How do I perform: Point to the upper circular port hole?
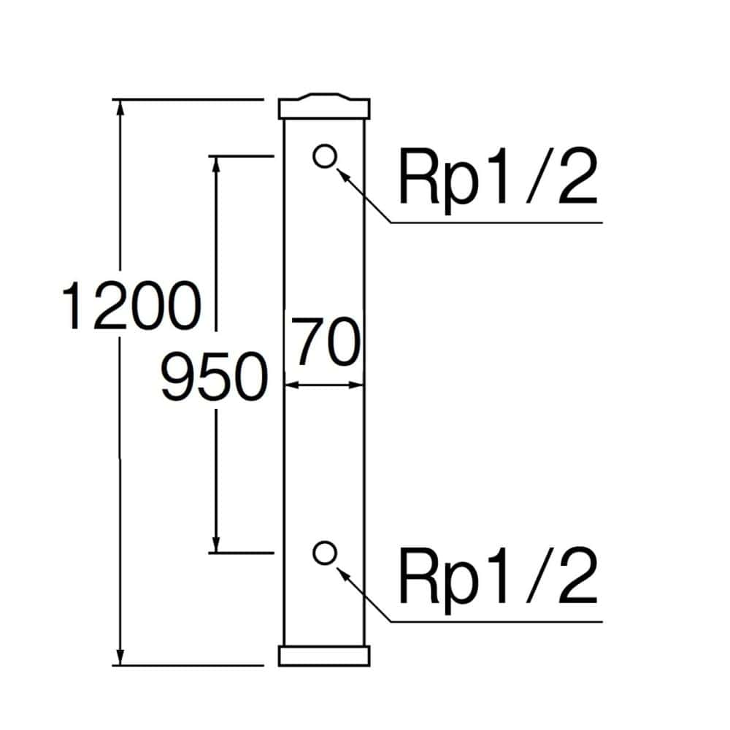pyautogui.click(x=324, y=155)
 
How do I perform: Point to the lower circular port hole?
pyautogui.click(x=324, y=553)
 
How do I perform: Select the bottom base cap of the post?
pyautogui.click(x=325, y=655)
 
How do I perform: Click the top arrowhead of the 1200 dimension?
pyautogui.click(x=121, y=107)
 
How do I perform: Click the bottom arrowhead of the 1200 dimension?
pyautogui.click(x=121, y=656)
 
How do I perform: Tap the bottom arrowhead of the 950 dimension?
pyautogui.click(x=216, y=545)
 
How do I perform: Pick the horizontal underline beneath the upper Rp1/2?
pyautogui.click(x=496, y=222)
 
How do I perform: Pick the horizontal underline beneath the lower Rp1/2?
pyautogui.click(x=496, y=622)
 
